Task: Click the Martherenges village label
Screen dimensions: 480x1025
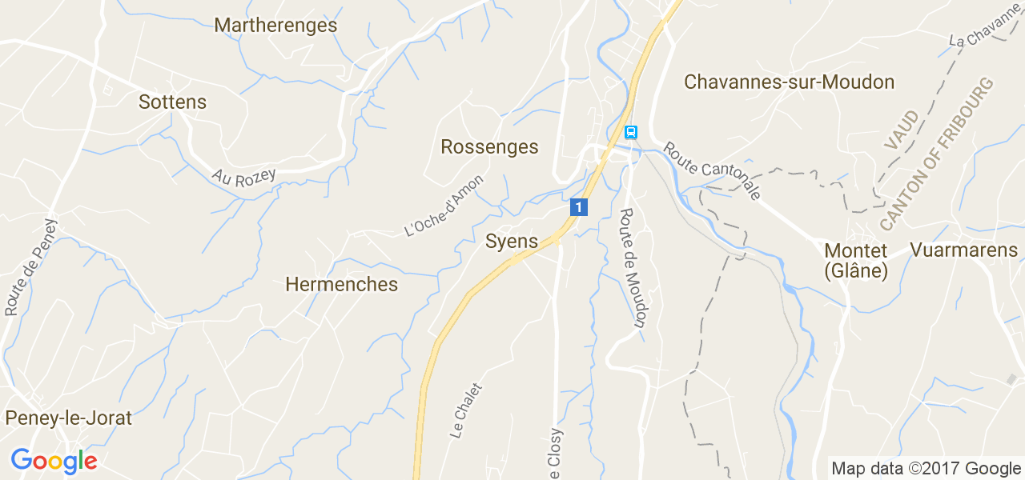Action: coord(275,26)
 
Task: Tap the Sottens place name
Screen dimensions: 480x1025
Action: coord(172,102)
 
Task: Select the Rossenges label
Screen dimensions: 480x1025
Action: coord(489,147)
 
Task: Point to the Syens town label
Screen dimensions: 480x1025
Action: coord(512,242)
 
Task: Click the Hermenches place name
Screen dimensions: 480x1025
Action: coord(341,285)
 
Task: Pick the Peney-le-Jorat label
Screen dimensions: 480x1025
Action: coord(68,418)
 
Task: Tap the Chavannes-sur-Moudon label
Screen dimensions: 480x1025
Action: coord(789,82)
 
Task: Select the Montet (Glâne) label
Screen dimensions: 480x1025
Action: coord(856,261)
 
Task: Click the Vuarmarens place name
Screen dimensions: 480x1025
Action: coord(963,250)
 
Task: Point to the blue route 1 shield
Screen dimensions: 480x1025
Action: coord(579,207)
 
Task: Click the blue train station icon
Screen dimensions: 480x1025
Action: coord(631,132)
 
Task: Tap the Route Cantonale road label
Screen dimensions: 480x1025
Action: coord(712,171)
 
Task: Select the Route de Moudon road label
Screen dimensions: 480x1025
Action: coord(633,268)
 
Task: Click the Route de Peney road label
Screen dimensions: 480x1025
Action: coord(32,266)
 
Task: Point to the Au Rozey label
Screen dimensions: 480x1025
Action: coord(243,177)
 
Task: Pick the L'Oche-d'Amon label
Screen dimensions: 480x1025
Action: coord(444,206)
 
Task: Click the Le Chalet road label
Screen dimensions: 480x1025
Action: coord(467,410)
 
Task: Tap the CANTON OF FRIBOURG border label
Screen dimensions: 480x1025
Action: coord(936,154)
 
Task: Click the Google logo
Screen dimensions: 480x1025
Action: coord(54,461)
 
